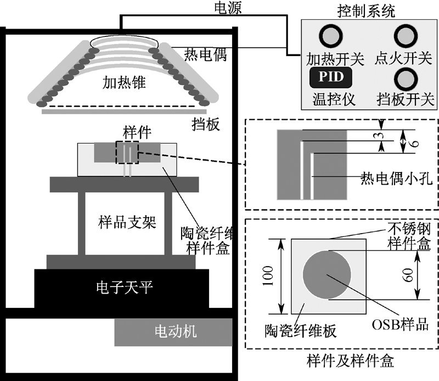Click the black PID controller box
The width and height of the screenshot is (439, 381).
tap(331, 77)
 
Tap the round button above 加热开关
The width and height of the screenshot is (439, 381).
tap(331, 36)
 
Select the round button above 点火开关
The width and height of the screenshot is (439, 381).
tap(406, 36)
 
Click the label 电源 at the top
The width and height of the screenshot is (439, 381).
tap(228, 8)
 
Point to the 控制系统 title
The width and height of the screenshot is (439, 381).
tap(366, 11)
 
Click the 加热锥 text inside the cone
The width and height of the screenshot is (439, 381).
tap(124, 82)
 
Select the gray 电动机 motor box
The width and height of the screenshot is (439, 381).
tap(173, 332)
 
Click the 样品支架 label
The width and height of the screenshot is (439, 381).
tap(127, 222)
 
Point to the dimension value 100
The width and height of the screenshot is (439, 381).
tap(268, 276)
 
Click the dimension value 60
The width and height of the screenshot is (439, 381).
tap(408, 275)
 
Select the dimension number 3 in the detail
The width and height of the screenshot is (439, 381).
tap(379, 135)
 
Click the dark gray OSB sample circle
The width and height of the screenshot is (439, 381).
tap(327, 275)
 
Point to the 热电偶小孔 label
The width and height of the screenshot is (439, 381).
tap(396, 179)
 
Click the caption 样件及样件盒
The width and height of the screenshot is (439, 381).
tap(350, 361)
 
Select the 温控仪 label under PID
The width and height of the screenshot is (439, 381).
tap(334, 100)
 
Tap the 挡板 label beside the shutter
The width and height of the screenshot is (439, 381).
tap(206, 124)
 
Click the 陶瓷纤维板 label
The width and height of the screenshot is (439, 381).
tap(300, 331)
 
